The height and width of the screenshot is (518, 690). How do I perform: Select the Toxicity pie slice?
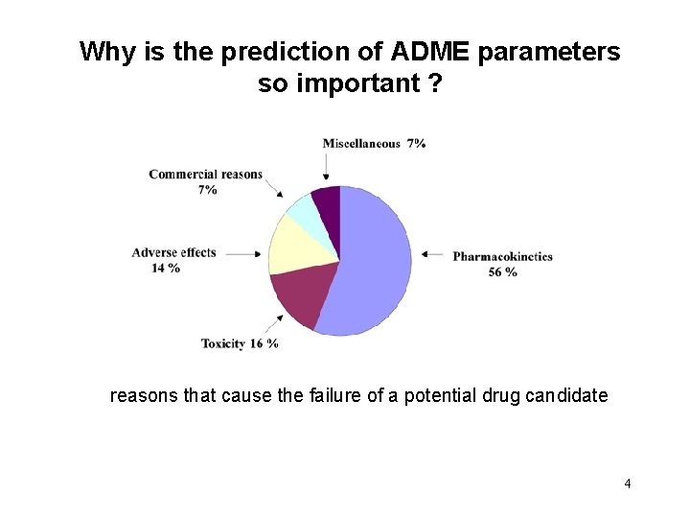pyautogui.click(x=299, y=297)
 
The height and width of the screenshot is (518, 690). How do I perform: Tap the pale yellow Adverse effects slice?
pyautogui.click(x=292, y=245)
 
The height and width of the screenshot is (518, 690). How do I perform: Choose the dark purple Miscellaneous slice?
pyautogui.click(x=329, y=203)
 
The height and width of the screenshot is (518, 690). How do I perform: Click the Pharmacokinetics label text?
pyautogui.click(x=502, y=256)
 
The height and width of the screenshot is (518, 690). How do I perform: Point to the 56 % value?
pyautogui.click(x=502, y=271)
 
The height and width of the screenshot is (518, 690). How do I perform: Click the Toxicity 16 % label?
pyautogui.click(x=240, y=343)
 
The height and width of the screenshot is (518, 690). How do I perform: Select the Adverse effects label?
pyautogui.click(x=173, y=252)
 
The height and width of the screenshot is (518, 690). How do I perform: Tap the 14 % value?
pyautogui.click(x=166, y=268)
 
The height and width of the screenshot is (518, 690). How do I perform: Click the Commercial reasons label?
pyautogui.click(x=205, y=175)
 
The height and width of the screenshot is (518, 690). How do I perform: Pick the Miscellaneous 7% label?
pyautogui.click(x=374, y=143)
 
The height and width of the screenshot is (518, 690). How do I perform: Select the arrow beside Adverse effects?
pyautogui.click(x=243, y=254)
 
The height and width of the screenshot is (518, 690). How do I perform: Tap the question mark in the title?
pyautogui.click(x=435, y=83)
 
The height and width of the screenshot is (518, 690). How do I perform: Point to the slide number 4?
pyautogui.click(x=627, y=483)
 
